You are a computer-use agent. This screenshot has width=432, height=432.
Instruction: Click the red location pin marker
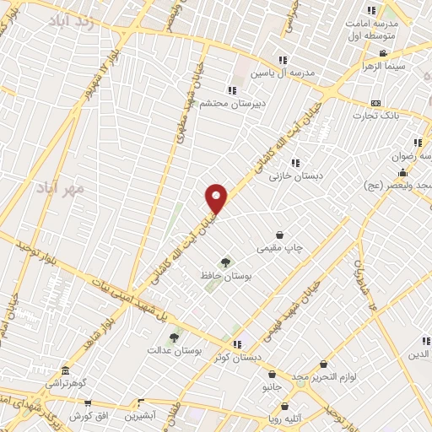coord(217,198)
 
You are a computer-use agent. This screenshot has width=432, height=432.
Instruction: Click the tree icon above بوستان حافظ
coord(224,262)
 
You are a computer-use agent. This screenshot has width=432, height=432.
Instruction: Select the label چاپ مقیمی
coord(280,247)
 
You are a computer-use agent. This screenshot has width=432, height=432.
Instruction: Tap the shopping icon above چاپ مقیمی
coord(279,235)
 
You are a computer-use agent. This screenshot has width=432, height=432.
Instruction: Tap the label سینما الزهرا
coord(384,66)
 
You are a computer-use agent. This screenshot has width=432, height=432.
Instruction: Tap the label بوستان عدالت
coord(175,349)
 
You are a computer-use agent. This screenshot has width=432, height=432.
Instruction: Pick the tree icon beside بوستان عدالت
coord(174,337)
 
